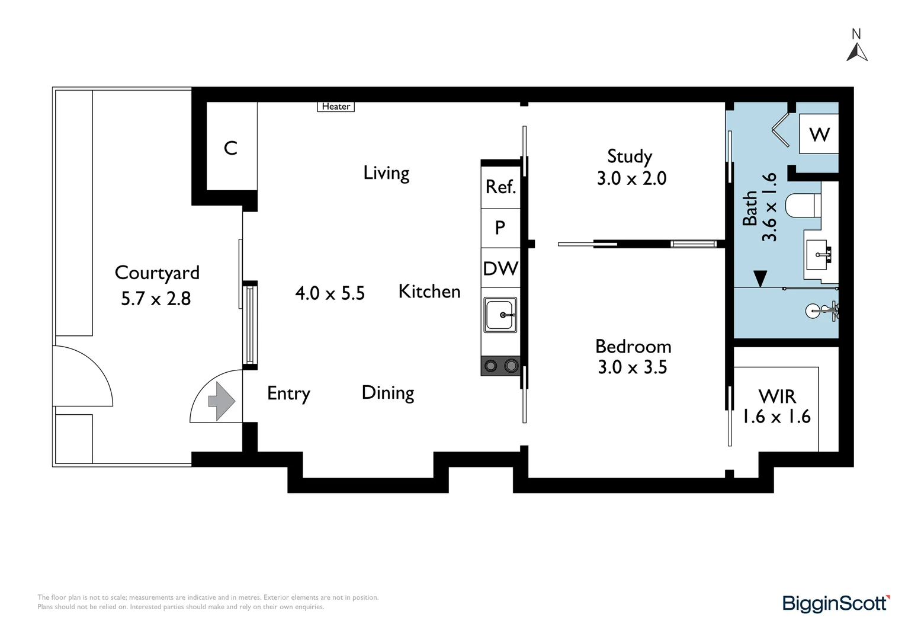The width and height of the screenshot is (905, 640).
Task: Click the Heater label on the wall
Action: pos(336,106)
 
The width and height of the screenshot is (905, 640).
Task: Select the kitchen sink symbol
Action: pos(500,315)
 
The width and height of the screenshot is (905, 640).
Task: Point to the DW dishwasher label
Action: pos(500,268)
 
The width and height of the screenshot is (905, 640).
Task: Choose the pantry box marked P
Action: pos(500,228)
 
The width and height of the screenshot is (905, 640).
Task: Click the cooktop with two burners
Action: pos(500,366)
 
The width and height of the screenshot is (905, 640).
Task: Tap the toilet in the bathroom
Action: pos(803,206)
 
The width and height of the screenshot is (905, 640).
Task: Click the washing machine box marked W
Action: pos(819,134)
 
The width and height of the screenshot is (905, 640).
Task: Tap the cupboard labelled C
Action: pos(231,148)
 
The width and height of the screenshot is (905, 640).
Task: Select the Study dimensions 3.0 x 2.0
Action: pos(631,178)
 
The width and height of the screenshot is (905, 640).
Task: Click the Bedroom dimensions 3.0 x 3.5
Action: pos(633,367)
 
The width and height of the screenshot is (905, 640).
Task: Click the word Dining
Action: pos(388,393)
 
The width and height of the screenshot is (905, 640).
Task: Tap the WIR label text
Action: pos(777,397)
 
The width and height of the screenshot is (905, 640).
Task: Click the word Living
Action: pos(386,174)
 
